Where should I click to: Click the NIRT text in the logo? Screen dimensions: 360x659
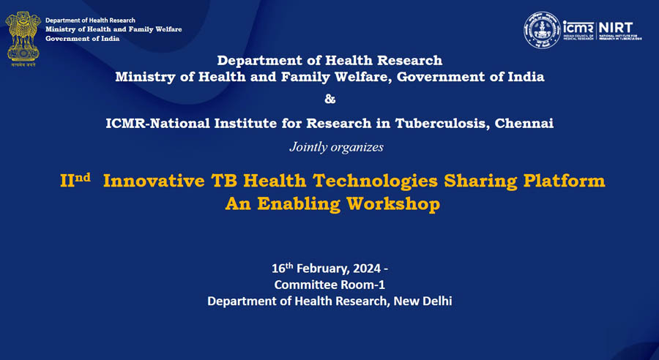(x=617, y=26)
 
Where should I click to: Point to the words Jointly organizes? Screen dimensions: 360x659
(x=336, y=147)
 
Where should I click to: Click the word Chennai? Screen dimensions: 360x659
(x=524, y=123)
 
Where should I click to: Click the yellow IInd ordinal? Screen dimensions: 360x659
(x=75, y=181)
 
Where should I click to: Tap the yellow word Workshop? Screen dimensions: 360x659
(x=396, y=204)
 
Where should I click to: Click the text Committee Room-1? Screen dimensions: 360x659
(x=329, y=285)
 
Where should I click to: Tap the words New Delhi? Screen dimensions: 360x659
(x=425, y=301)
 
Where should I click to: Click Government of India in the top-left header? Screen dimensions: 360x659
(x=82, y=39)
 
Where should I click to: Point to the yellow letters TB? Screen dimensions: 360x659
(x=220, y=181)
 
